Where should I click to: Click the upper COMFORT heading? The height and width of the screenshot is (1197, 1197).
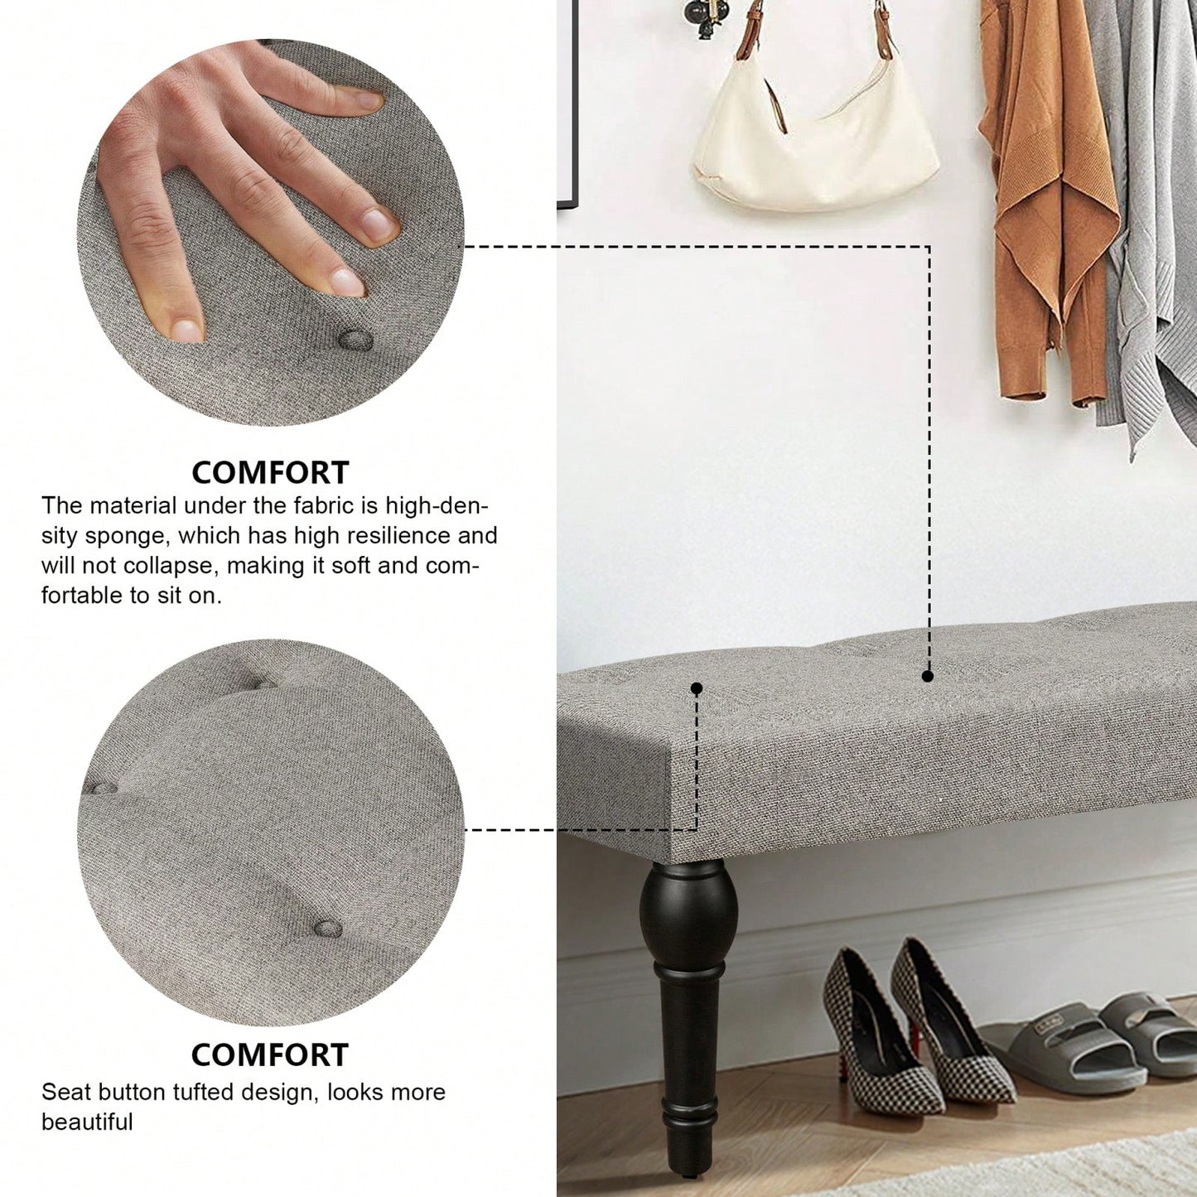(270, 472)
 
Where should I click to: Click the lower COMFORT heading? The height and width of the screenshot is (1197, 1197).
(270, 1055)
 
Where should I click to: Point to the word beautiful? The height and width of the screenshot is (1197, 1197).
(87, 1122)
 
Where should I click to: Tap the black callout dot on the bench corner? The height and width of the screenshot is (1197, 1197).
(697, 688)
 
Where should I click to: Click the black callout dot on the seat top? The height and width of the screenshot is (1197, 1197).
(928, 676)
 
